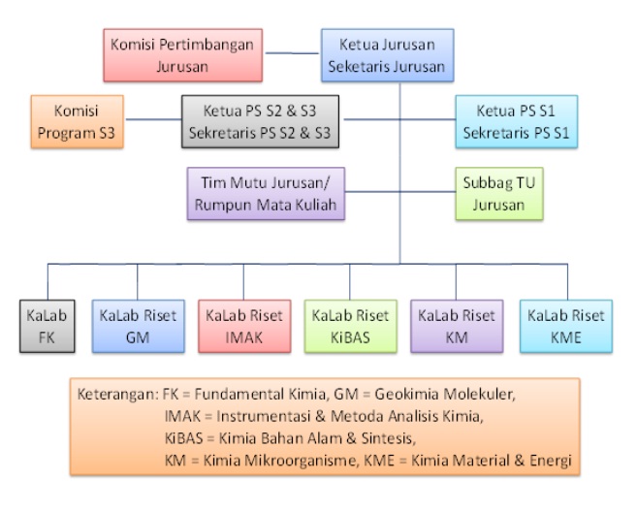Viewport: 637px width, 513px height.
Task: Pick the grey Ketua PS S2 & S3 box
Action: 258,122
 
